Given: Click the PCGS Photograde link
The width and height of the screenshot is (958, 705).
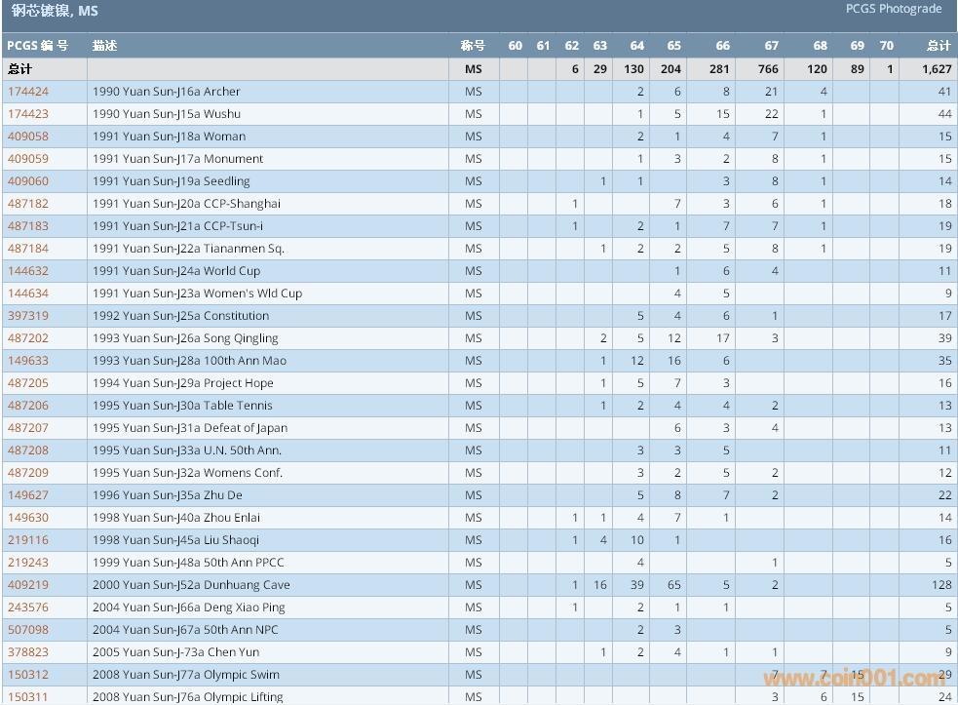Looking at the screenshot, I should tap(893, 9).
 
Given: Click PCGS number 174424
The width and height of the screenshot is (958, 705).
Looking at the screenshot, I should tap(28, 92).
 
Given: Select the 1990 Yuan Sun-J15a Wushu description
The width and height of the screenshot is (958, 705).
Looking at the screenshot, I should tap(167, 114).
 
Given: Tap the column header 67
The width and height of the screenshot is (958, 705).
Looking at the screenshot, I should tap(771, 46).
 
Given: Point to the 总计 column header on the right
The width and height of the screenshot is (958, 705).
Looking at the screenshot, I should tap(939, 46).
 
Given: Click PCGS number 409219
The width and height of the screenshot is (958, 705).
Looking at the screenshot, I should tap(28, 585).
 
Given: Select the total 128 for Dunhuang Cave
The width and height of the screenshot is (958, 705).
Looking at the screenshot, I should tap(940, 585).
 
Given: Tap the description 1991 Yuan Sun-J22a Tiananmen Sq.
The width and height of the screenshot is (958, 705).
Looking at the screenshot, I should tap(189, 249).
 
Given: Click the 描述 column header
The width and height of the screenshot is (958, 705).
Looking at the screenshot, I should tap(104, 46).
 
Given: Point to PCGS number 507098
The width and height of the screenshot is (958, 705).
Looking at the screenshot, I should tap(28, 630).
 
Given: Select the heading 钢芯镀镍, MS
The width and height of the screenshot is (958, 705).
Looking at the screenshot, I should tap(55, 12).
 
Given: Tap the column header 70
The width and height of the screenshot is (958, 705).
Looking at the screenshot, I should tap(886, 46).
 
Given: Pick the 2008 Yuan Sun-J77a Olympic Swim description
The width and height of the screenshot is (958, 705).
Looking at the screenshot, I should tap(186, 675).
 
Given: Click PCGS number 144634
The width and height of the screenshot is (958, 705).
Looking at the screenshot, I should tap(28, 294).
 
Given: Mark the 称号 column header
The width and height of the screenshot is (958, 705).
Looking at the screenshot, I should tap(473, 46).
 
